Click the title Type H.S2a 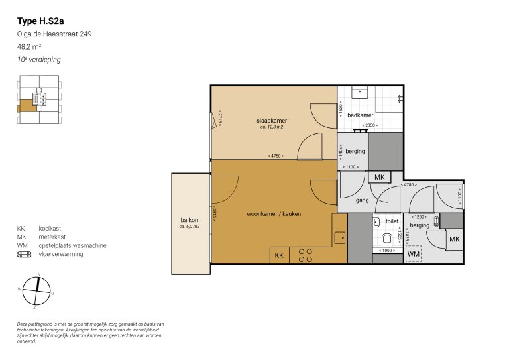(x=40, y=21)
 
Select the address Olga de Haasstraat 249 (x=54, y=34)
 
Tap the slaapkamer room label (x=272, y=121)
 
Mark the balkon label (x=190, y=220)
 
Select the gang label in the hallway (x=362, y=200)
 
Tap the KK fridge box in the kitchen (x=279, y=255)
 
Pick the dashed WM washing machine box (x=414, y=254)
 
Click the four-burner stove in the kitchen (x=306, y=255)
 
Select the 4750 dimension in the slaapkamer (x=276, y=156)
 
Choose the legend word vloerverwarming (x=62, y=253)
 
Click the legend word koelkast (x=50, y=228)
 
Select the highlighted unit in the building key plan (x=28, y=105)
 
